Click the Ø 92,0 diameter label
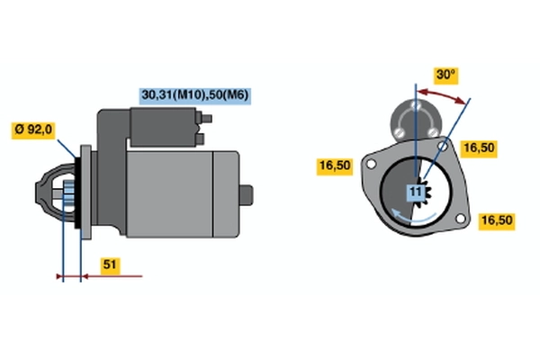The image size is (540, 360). [33, 130]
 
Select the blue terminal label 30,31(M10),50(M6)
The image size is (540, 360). [195, 95]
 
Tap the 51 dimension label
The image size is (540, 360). [110, 265]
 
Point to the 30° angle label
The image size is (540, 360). [445, 75]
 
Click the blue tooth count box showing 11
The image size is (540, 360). [416, 193]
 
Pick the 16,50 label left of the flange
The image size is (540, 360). [335, 166]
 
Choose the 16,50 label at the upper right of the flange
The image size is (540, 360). [479, 148]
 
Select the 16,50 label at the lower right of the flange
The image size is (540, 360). [496, 220]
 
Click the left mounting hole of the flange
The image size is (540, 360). [371, 165]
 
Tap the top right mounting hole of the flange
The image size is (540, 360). [443, 146]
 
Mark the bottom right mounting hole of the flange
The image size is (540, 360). [461, 219]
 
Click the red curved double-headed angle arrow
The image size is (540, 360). [442, 95]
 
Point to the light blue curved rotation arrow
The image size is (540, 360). [413, 217]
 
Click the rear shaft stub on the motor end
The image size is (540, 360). [247, 195]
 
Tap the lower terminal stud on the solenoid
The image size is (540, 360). [200, 139]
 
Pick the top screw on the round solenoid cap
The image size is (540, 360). [416, 105]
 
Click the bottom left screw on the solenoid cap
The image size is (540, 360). [399, 131]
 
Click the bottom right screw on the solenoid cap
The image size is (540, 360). [433, 131]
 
